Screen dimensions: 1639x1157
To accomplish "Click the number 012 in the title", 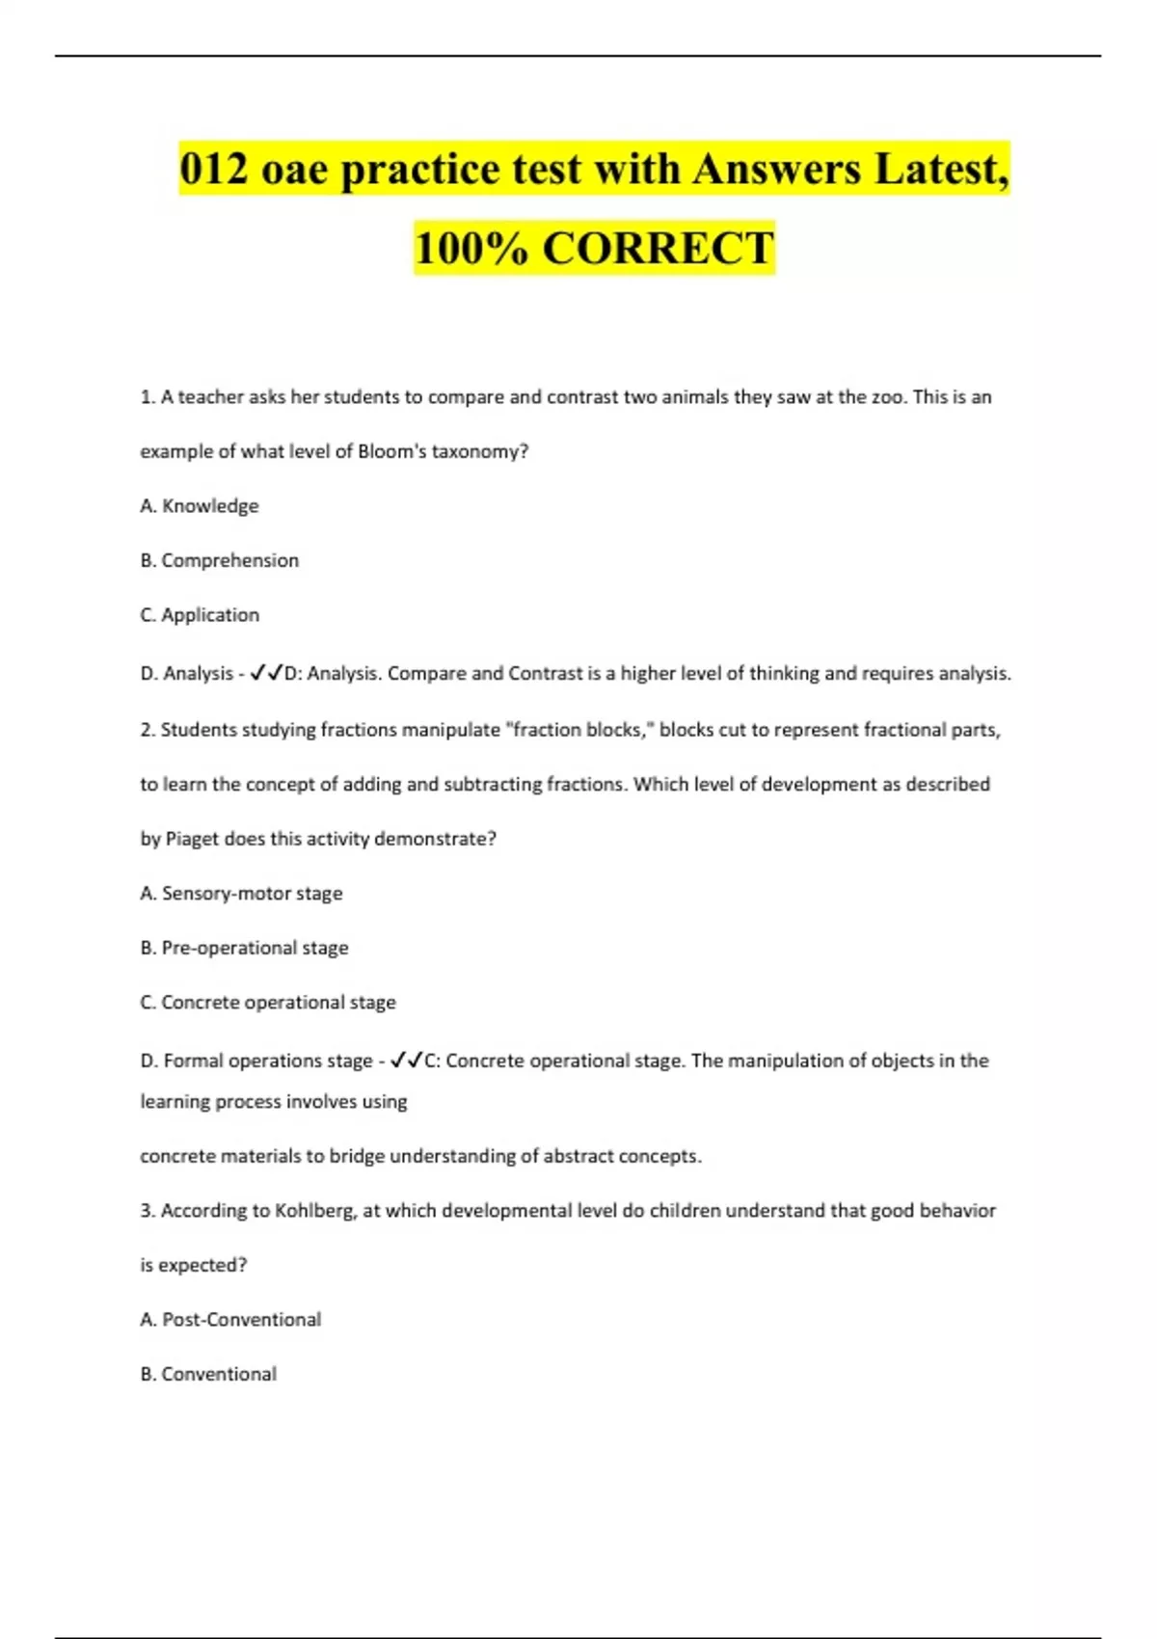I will point(214,170).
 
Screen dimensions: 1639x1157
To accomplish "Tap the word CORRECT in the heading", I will point(658,248).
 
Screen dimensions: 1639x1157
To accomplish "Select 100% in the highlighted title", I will point(471,248).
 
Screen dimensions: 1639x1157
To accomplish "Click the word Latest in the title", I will point(941,170).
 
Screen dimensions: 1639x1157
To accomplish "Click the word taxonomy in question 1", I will point(479,451).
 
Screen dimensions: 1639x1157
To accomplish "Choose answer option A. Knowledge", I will point(200,506).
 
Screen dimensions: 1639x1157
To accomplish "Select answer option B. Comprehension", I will point(220,560).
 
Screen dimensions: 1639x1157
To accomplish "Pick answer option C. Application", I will point(200,615).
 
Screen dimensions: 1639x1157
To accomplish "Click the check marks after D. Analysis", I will point(266,674).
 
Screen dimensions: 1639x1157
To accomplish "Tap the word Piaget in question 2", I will point(192,839).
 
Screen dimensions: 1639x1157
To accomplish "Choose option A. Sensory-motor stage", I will point(241,894).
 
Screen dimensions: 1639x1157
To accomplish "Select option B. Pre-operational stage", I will point(244,948).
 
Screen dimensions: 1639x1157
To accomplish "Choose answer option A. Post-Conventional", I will point(230,1320).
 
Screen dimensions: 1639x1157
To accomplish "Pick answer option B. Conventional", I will point(208,1374).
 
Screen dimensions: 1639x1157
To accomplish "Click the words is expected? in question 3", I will point(193,1265).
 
